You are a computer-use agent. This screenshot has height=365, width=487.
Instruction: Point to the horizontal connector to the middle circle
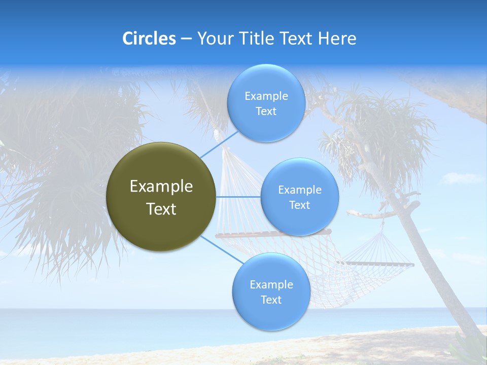(238, 197)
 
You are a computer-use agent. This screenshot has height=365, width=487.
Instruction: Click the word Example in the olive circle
(161, 187)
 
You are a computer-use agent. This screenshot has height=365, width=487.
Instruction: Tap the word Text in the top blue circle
(266, 112)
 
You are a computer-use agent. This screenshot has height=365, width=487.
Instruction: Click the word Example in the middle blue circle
(299, 190)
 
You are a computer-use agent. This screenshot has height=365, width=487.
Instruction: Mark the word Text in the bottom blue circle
(271, 300)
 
